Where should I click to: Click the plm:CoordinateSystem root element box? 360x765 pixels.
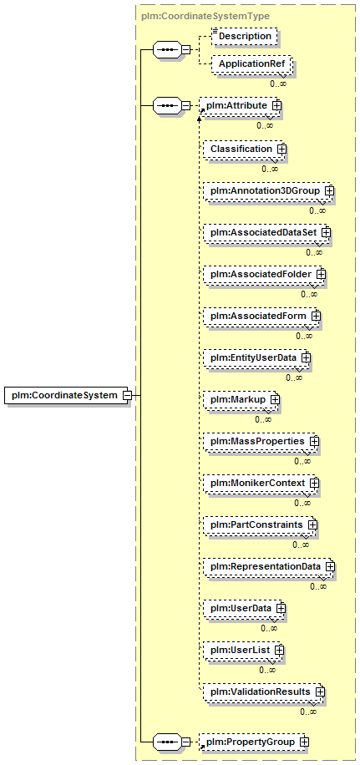coord(68,395)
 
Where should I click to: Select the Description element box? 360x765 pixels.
coord(245,36)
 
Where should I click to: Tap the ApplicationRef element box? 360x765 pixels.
coord(251,64)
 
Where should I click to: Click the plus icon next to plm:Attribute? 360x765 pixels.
coord(276,105)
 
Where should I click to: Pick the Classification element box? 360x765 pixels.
coord(243,149)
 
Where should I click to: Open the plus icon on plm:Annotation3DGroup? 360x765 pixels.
coord(329,190)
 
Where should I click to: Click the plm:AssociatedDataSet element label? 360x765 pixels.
coord(263,233)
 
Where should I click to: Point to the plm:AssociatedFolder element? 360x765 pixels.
coord(264,274)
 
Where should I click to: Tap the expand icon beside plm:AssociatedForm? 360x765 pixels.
coord(316,317)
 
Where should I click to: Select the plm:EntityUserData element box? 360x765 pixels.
coord(256,357)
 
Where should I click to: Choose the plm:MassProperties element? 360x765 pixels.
coord(261,441)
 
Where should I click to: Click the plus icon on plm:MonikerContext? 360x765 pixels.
coord(314,483)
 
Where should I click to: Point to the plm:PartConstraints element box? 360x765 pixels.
coord(260,524)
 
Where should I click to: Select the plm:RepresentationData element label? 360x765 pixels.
coord(266,566)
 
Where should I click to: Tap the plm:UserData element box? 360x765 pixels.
coord(244,608)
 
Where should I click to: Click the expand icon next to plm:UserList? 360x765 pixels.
coord(279,650)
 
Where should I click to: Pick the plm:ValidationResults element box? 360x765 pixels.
coord(264,692)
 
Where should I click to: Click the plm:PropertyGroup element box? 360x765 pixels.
coord(254,742)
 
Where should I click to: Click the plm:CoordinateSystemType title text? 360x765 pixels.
coord(205,16)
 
